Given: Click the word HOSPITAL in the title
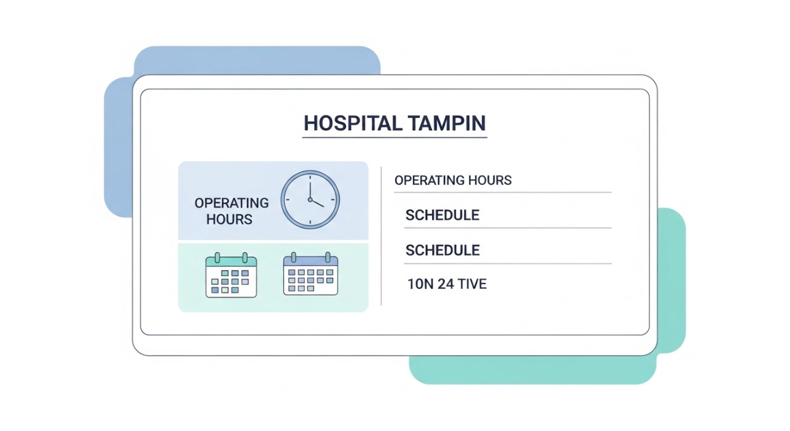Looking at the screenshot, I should (346, 123).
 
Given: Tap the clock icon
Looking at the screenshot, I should (310, 199).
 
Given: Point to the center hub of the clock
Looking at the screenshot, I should (310, 199).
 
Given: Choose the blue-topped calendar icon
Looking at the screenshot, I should (310, 275).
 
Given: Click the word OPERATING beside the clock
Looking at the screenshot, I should (231, 203).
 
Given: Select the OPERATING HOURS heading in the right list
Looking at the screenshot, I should (453, 180).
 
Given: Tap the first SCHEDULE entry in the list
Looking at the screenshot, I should (442, 215).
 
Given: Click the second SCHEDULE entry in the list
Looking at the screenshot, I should (442, 250).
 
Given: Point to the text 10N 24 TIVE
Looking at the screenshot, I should (447, 285).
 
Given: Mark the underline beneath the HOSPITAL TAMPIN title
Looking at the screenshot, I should (394, 137).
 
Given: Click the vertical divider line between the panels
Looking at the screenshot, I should (381, 235).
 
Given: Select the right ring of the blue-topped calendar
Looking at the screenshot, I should (328, 256).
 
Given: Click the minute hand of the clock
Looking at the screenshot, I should (310, 188).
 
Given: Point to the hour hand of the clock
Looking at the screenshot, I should (317, 203).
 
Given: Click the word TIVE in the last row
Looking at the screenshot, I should (473, 285).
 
